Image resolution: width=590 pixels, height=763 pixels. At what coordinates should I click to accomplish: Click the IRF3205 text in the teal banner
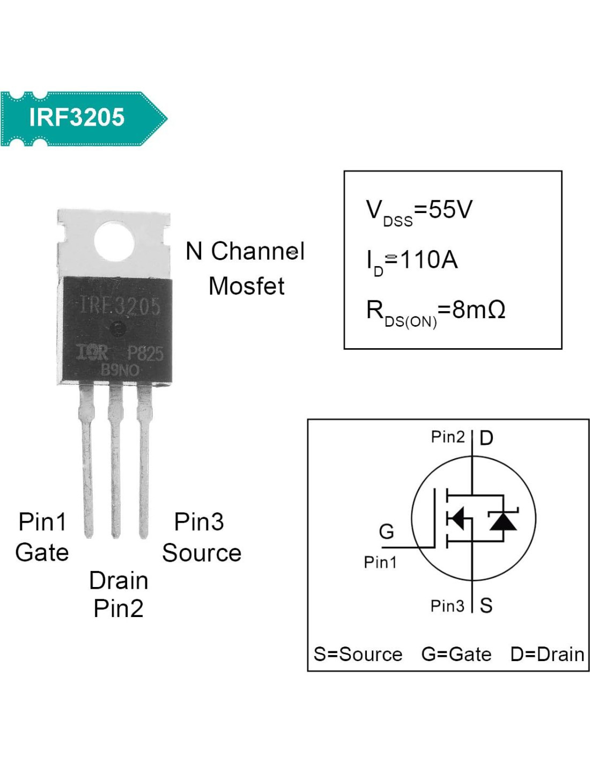tap(77, 118)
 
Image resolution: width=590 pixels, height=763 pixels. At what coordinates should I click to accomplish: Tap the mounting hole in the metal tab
tap(114, 243)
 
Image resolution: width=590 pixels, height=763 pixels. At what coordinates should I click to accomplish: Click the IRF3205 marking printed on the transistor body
tap(120, 306)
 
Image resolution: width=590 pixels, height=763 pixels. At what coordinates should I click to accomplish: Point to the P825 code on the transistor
tap(145, 353)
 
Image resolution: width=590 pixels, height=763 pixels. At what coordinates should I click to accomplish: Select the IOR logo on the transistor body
tap(93, 353)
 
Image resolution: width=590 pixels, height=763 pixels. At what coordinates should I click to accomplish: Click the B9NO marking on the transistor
tap(120, 370)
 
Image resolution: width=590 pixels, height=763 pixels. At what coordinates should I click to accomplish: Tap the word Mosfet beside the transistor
tap(246, 286)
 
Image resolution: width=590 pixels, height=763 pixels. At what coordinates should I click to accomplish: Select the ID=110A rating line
tap(412, 261)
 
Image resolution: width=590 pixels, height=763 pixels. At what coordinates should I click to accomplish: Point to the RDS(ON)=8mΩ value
tap(436, 312)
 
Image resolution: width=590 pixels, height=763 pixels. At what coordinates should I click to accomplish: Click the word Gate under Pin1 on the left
tap(42, 553)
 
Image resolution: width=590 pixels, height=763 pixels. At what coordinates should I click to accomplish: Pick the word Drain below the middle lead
tap(119, 581)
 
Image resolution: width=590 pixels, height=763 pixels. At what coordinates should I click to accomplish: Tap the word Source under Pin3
tap(202, 553)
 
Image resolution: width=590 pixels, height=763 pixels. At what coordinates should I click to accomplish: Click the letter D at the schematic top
tap(486, 438)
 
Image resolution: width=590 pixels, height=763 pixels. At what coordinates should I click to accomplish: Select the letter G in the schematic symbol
tap(386, 532)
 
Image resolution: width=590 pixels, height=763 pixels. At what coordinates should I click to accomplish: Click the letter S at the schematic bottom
tap(486, 606)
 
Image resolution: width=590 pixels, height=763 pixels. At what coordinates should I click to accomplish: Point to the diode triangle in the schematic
tap(503, 520)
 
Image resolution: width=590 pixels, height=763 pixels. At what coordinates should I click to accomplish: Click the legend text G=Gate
tap(456, 655)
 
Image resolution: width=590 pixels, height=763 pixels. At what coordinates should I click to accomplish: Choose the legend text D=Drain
tap(547, 655)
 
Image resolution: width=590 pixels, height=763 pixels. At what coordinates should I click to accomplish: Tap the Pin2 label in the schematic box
tap(448, 437)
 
